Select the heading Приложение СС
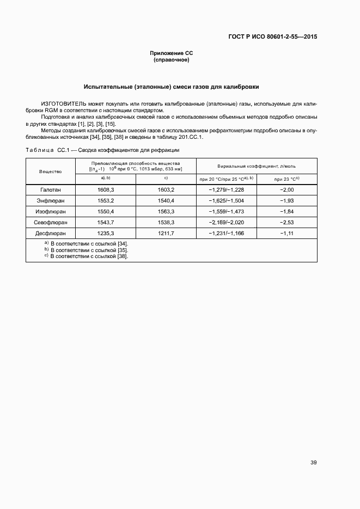pos(172,53)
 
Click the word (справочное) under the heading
pos(172,59)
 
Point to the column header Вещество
pos(50,171)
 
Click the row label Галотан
pos(50,190)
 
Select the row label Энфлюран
pos(50,200)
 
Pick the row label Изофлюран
pos(50,211)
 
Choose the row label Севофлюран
pos(50,222)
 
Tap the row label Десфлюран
pos(50,233)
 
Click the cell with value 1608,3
pos(106,190)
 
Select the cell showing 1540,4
pos(165,200)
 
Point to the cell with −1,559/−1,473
pos(226,211)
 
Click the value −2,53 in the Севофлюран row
pos(286,222)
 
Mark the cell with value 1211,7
pos(165,233)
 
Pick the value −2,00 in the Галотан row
pos(286,190)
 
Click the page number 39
pos(313,463)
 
